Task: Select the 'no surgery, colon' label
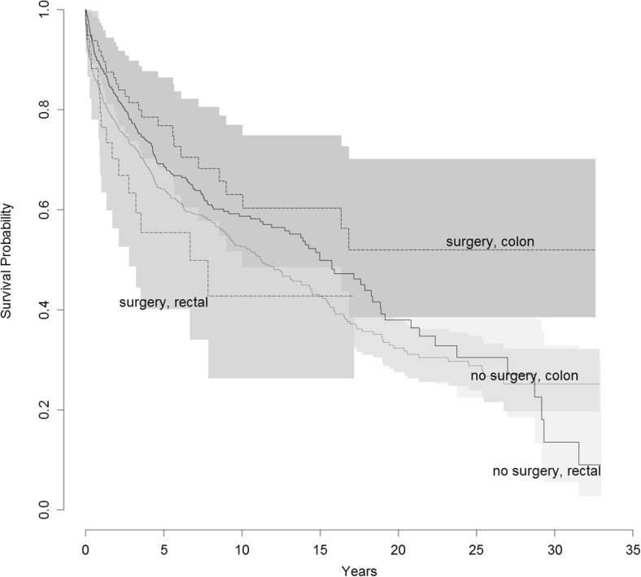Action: click(524, 376)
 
